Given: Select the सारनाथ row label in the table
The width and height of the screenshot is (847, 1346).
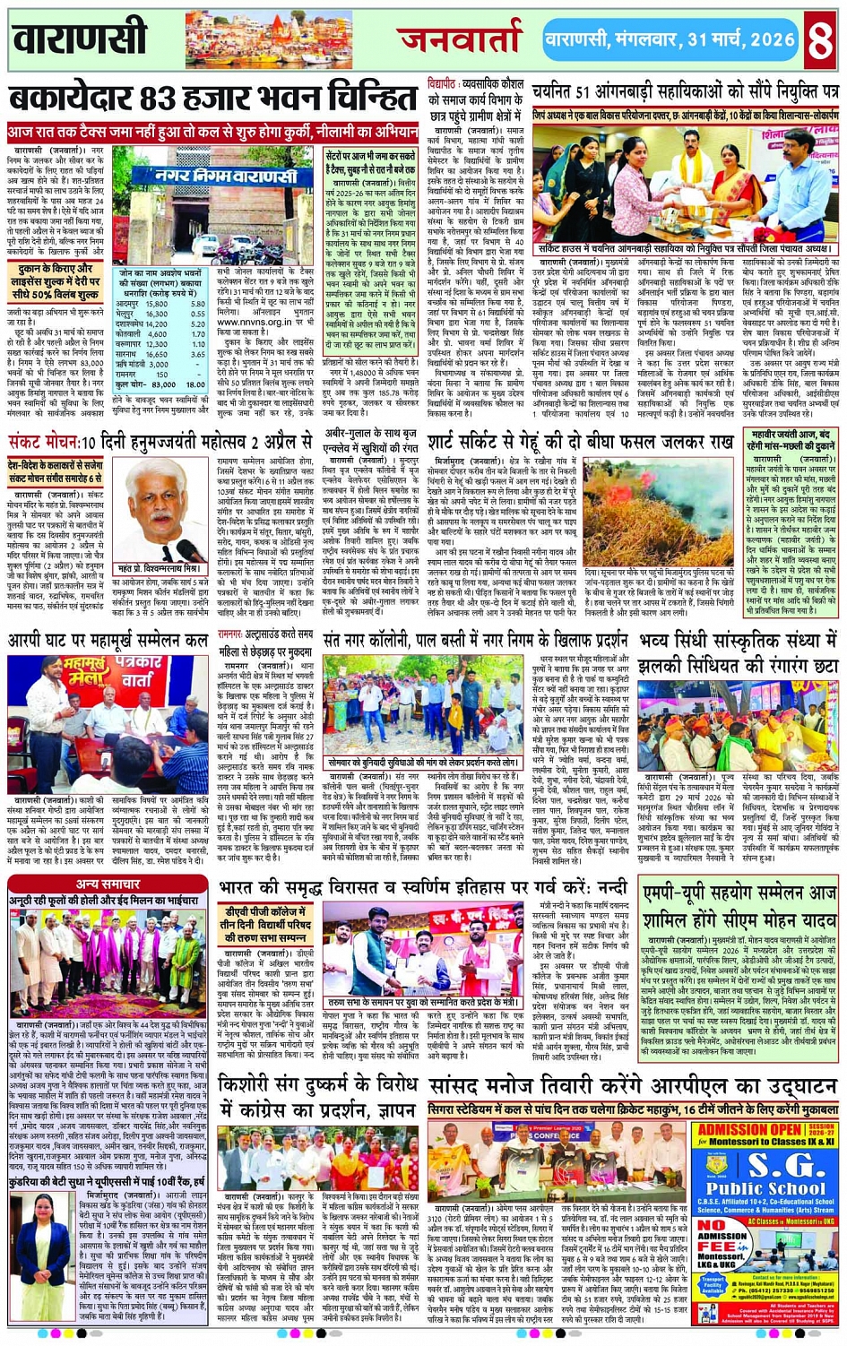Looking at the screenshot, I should click(x=129, y=354).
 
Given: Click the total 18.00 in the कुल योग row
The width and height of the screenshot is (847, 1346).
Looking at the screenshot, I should click(x=195, y=384).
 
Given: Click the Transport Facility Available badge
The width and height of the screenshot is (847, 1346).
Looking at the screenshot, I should click(x=714, y=1285).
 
